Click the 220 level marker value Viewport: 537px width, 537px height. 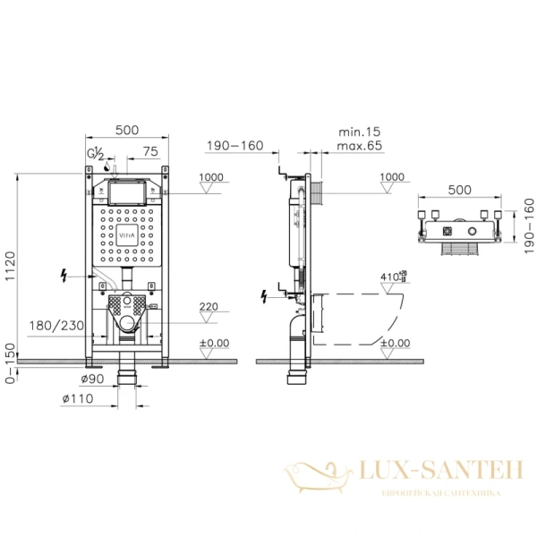(x=207, y=307)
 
